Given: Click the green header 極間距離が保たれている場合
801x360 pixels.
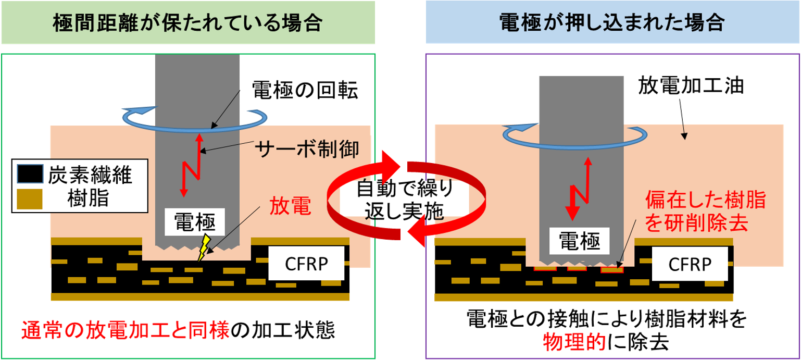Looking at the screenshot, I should pos(187,22).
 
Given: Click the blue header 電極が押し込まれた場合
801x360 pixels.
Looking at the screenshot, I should pos(612,22).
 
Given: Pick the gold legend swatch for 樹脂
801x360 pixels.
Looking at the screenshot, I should pos(30,197).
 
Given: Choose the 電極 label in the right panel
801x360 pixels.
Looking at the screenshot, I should pos(579,241).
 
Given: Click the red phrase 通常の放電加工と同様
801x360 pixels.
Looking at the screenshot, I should pos(126,330).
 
